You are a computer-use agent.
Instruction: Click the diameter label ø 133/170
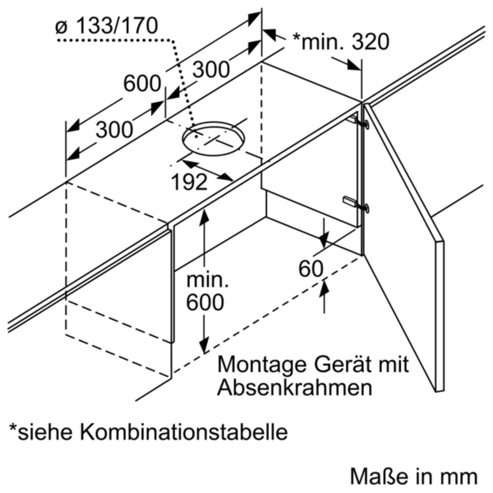click(x=106, y=26)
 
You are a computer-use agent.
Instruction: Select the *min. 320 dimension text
click(x=341, y=42)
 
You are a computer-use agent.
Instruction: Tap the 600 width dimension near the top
click(x=142, y=84)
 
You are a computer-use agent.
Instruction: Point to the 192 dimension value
click(x=189, y=182)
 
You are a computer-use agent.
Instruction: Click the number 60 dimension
click(x=311, y=269)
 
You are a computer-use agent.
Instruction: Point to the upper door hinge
click(x=359, y=123)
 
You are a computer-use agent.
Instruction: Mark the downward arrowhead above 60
click(x=324, y=239)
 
